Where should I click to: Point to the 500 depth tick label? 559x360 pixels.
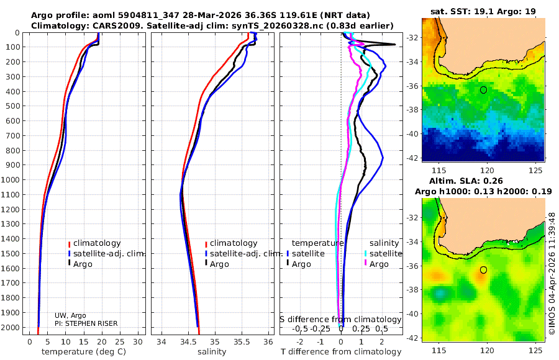tap(13, 106)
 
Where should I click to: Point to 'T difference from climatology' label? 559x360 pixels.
tap(341, 352)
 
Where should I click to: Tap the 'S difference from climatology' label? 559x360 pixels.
tap(341, 319)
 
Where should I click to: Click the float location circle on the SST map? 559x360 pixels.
tap(483, 90)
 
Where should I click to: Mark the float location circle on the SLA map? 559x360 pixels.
tap(483, 270)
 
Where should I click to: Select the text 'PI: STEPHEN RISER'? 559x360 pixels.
tap(86, 323)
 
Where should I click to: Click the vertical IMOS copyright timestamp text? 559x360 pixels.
tap(552, 273)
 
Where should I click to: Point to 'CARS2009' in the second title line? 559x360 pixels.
tap(107, 25)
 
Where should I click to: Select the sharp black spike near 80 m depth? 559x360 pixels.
tap(393, 45)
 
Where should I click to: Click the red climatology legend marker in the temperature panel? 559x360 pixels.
tap(69, 243)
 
